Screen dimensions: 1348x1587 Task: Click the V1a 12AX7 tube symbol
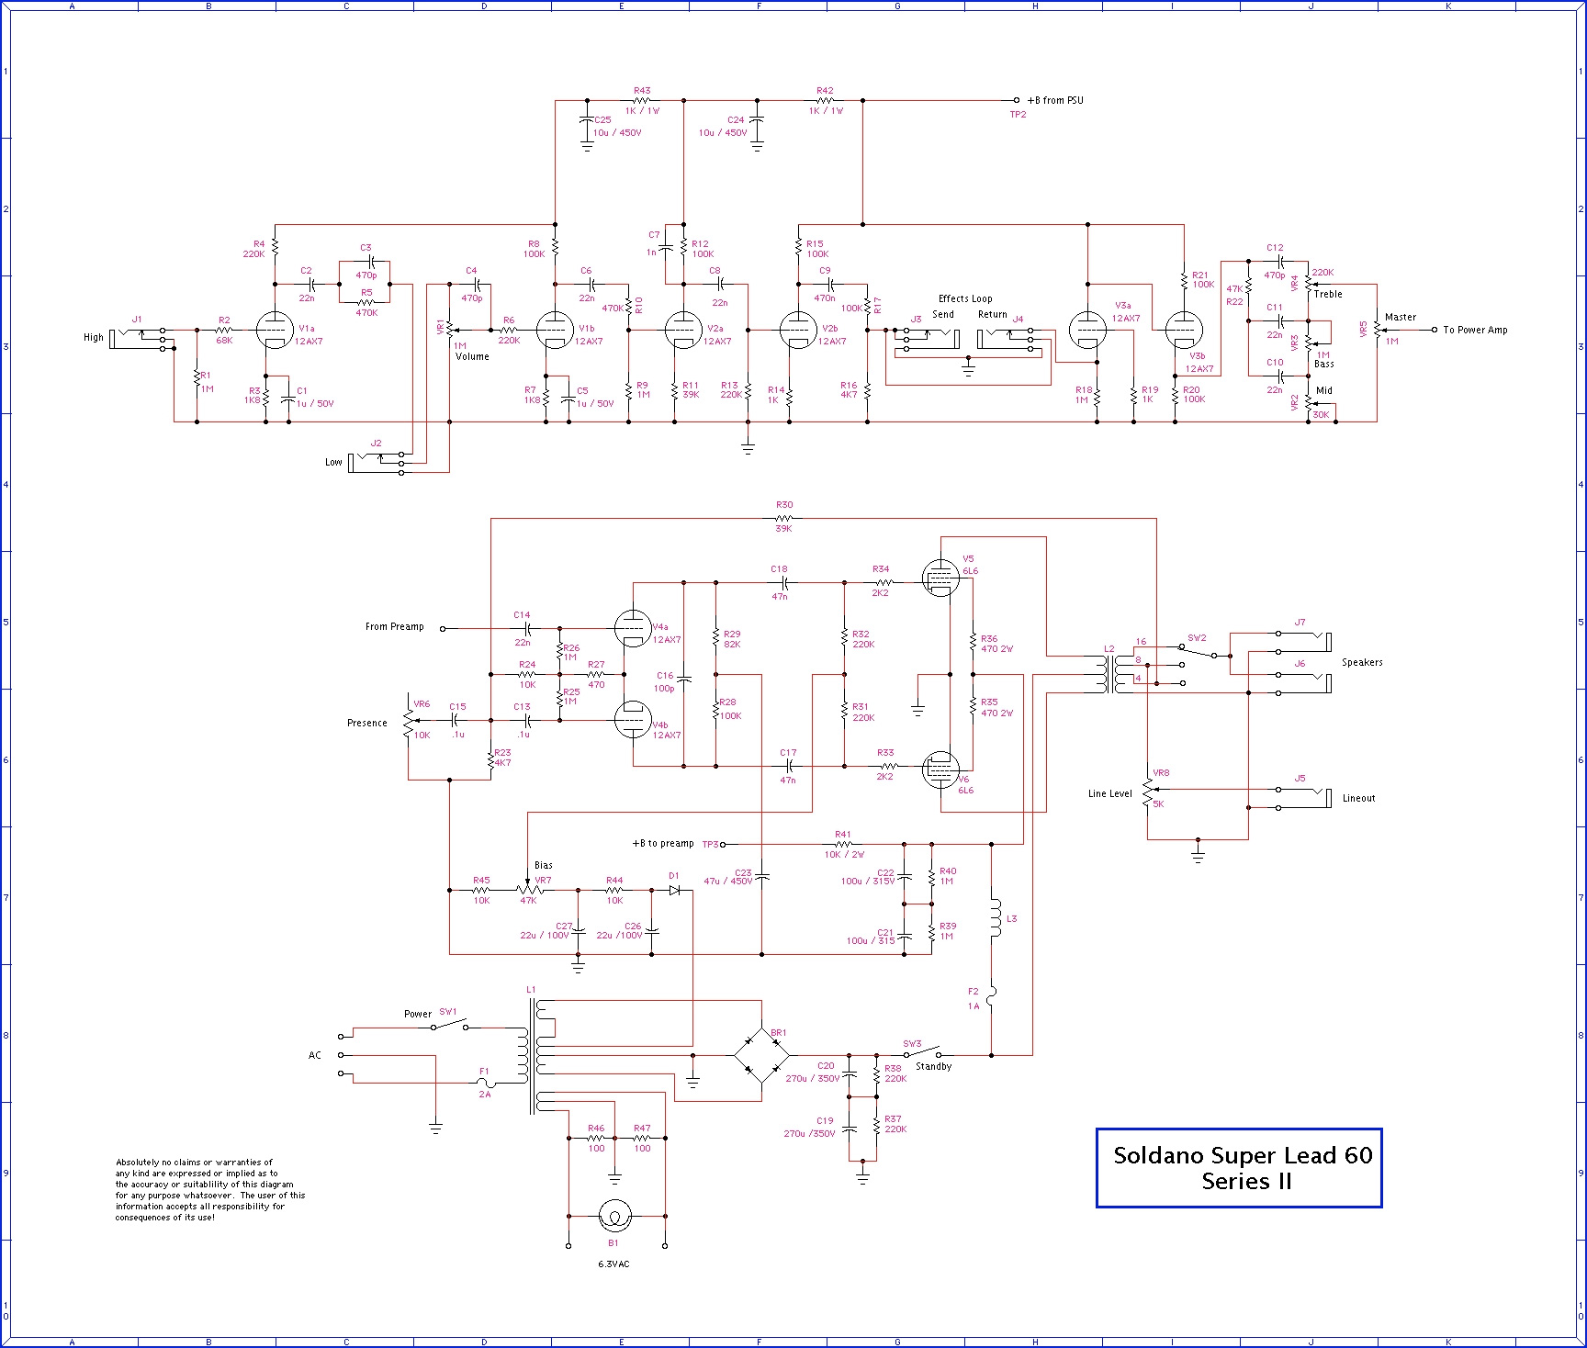pyautogui.click(x=275, y=330)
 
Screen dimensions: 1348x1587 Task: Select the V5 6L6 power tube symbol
pyautogui.click(x=940, y=579)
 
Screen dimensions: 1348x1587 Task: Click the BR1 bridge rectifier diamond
pyautogui.click(x=761, y=1055)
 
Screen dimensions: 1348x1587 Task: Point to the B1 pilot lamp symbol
pyautogui.click(x=614, y=1217)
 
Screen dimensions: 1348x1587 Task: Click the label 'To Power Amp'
pyautogui.click(x=1475, y=330)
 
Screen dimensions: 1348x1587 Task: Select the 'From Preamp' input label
pyautogui.click(x=395, y=627)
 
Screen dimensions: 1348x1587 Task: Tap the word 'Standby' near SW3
pyautogui.click(x=933, y=1067)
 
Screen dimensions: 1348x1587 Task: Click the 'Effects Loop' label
pyautogui.click(x=965, y=299)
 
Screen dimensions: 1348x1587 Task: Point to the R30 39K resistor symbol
pyautogui.click(x=783, y=519)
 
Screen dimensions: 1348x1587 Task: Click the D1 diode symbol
pyautogui.click(x=675, y=890)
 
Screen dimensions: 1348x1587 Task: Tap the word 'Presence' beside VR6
pyautogui.click(x=367, y=724)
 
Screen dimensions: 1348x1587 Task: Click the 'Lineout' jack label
pyautogui.click(x=1358, y=799)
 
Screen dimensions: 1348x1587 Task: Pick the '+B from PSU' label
pyautogui.click(x=1055, y=101)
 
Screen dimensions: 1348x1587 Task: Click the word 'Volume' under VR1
pyautogui.click(x=472, y=357)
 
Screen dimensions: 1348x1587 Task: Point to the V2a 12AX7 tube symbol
pyautogui.click(x=682, y=330)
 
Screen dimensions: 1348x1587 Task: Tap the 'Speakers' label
pyautogui.click(x=1362, y=663)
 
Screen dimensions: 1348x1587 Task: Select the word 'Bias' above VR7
pyautogui.click(x=544, y=866)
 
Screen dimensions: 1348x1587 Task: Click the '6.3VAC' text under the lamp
pyautogui.click(x=613, y=1264)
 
